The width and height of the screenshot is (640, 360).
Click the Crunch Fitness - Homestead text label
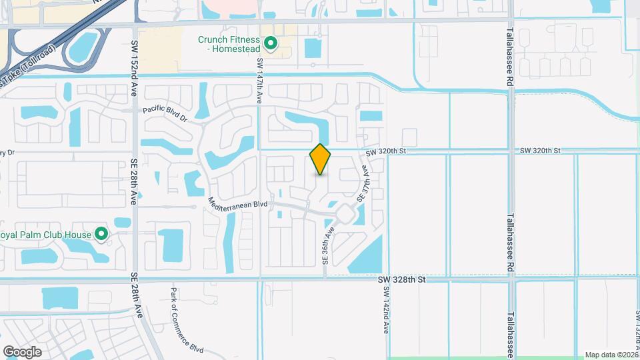(x=230, y=44)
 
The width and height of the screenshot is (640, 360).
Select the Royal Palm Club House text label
(x=45, y=234)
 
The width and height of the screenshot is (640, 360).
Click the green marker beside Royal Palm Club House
(x=101, y=234)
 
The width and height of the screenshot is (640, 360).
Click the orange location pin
(x=321, y=159)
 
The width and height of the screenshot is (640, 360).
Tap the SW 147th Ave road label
(x=260, y=81)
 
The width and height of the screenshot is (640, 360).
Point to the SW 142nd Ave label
(x=386, y=313)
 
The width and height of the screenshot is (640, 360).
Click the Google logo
(x=22, y=351)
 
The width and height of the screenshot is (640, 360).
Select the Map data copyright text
(x=611, y=355)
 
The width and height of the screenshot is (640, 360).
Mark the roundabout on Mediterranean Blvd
(x=345, y=214)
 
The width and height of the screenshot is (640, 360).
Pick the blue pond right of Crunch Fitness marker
(x=313, y=47)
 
